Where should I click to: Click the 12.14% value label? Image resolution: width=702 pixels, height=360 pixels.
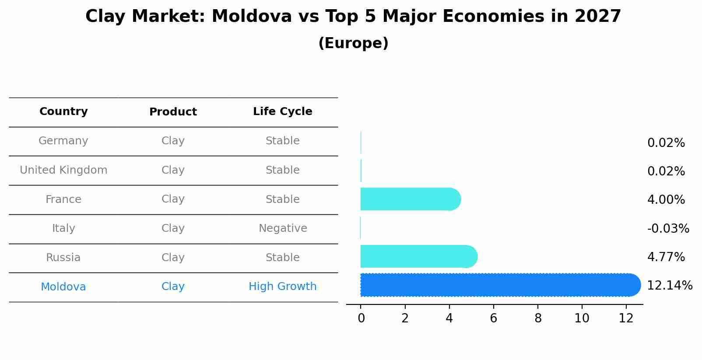click(x=669, y=286)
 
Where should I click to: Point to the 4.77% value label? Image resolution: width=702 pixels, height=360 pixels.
click(x=666, y=257)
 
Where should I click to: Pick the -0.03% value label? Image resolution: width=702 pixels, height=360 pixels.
click(x=668, y=228)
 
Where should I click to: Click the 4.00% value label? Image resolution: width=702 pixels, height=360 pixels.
click(x=666, y=200)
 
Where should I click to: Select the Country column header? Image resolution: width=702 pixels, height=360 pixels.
click(x=63, y=112)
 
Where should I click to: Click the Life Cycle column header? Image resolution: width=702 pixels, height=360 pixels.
click(x=282, y=112)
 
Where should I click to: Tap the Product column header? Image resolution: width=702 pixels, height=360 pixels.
click(x=173, y=112)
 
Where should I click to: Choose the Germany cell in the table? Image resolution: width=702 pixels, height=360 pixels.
click(x=63, y=141)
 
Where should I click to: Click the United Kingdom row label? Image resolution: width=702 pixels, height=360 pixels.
click(x=63, y=170)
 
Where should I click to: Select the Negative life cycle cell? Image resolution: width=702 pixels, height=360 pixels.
click(x=283, y=228)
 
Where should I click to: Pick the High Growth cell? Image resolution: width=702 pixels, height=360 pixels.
click(x=282, y=287)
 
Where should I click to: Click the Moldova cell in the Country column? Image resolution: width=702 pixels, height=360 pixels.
click(x=63, y=287)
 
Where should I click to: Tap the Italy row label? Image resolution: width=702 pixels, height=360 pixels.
click(x=63, y=228)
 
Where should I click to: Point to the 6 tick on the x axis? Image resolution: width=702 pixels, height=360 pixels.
click(x=494, y=318)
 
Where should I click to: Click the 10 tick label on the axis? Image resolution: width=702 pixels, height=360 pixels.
click(x=582, y=318)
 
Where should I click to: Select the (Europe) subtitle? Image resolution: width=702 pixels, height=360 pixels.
click(x=353, y=43)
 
